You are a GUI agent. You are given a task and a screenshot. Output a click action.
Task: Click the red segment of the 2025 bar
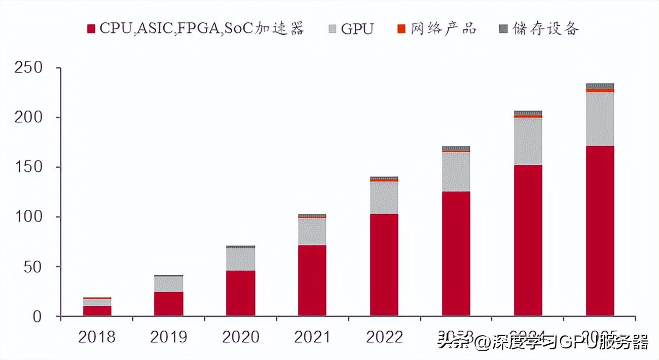click(600, 231)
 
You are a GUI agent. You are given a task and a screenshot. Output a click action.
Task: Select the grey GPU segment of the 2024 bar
click(528, 141)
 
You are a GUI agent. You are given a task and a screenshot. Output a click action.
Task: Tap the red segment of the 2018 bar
click(97, 311)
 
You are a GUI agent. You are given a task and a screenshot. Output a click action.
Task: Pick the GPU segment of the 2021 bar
click(312, 232)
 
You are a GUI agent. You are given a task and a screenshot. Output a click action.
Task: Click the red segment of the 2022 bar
click(384, 265)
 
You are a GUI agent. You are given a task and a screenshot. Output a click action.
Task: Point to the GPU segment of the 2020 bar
click(240, 259)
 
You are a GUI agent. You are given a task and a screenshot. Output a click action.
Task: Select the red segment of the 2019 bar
click(169, 304)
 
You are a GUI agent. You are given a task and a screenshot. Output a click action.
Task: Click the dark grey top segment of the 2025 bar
click(600, 86)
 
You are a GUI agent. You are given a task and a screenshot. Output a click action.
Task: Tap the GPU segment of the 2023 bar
click(456, 172)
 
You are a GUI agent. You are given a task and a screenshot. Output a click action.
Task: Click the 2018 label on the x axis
click(97, 337)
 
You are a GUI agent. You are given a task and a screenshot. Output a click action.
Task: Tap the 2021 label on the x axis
click(312, 337)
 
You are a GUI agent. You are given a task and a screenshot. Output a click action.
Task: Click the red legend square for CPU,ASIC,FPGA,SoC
click(92, 29)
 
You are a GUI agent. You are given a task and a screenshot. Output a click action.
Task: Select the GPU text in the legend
click(357, 29)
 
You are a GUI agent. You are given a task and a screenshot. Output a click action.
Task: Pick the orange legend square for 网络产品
click(401, 29)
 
